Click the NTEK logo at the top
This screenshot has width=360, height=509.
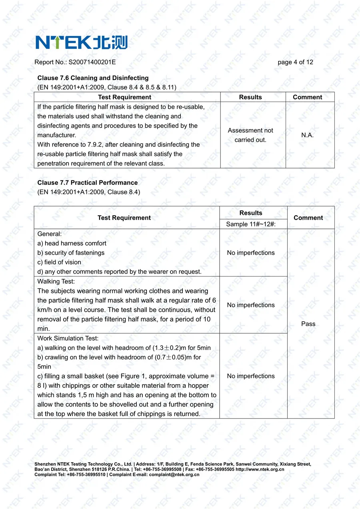pos(81,42)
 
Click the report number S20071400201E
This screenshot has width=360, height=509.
pos(92,62)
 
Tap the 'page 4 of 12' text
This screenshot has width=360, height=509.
pos(295,62)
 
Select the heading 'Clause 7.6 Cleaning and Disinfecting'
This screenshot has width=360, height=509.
pos(93,78)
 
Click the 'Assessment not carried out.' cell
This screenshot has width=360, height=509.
pos(250,135)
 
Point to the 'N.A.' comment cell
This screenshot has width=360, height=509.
pos(307,135)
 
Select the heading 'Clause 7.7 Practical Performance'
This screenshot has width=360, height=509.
pos(88,183)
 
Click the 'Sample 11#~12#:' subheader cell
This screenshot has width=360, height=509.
pos(251,224)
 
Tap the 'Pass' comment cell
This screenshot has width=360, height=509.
pos(308,324)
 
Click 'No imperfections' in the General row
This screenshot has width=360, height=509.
pos(251,253)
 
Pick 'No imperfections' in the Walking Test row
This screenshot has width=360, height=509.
pos(251,305)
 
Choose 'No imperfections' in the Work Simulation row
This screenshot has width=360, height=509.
pos(251,376)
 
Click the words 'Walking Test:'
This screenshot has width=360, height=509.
pos(56,282)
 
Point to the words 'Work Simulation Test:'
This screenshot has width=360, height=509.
pos(68,339)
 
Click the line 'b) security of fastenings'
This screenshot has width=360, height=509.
pos(71,253)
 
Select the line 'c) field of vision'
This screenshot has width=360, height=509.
pos(59,263)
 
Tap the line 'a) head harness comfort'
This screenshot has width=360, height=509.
pos(72,243)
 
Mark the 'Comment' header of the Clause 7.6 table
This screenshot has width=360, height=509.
pos(307,97)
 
